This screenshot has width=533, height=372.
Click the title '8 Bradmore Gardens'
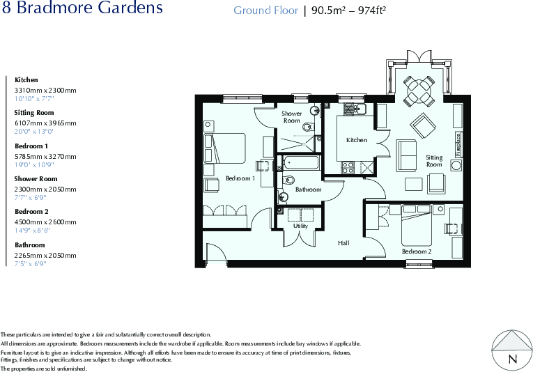pos(82,9)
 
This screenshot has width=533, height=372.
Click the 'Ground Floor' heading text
pos(265,10)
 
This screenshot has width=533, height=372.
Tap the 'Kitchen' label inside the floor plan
pos(357,140)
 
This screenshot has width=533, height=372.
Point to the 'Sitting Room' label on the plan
pos(434,161)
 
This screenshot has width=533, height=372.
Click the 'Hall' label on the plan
pos(343,243)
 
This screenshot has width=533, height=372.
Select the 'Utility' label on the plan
pos(300,226)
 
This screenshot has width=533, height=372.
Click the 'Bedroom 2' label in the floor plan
pos(417,251)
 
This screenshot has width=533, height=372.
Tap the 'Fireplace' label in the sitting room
pos(458,144)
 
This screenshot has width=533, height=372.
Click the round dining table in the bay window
pos(419,88)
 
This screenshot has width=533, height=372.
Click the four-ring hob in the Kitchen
pos(346,167)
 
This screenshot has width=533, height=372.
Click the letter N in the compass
pos(513,359)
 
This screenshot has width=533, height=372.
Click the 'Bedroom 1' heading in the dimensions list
pos(31,146)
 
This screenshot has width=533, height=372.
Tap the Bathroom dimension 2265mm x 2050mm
pos(45,255)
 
